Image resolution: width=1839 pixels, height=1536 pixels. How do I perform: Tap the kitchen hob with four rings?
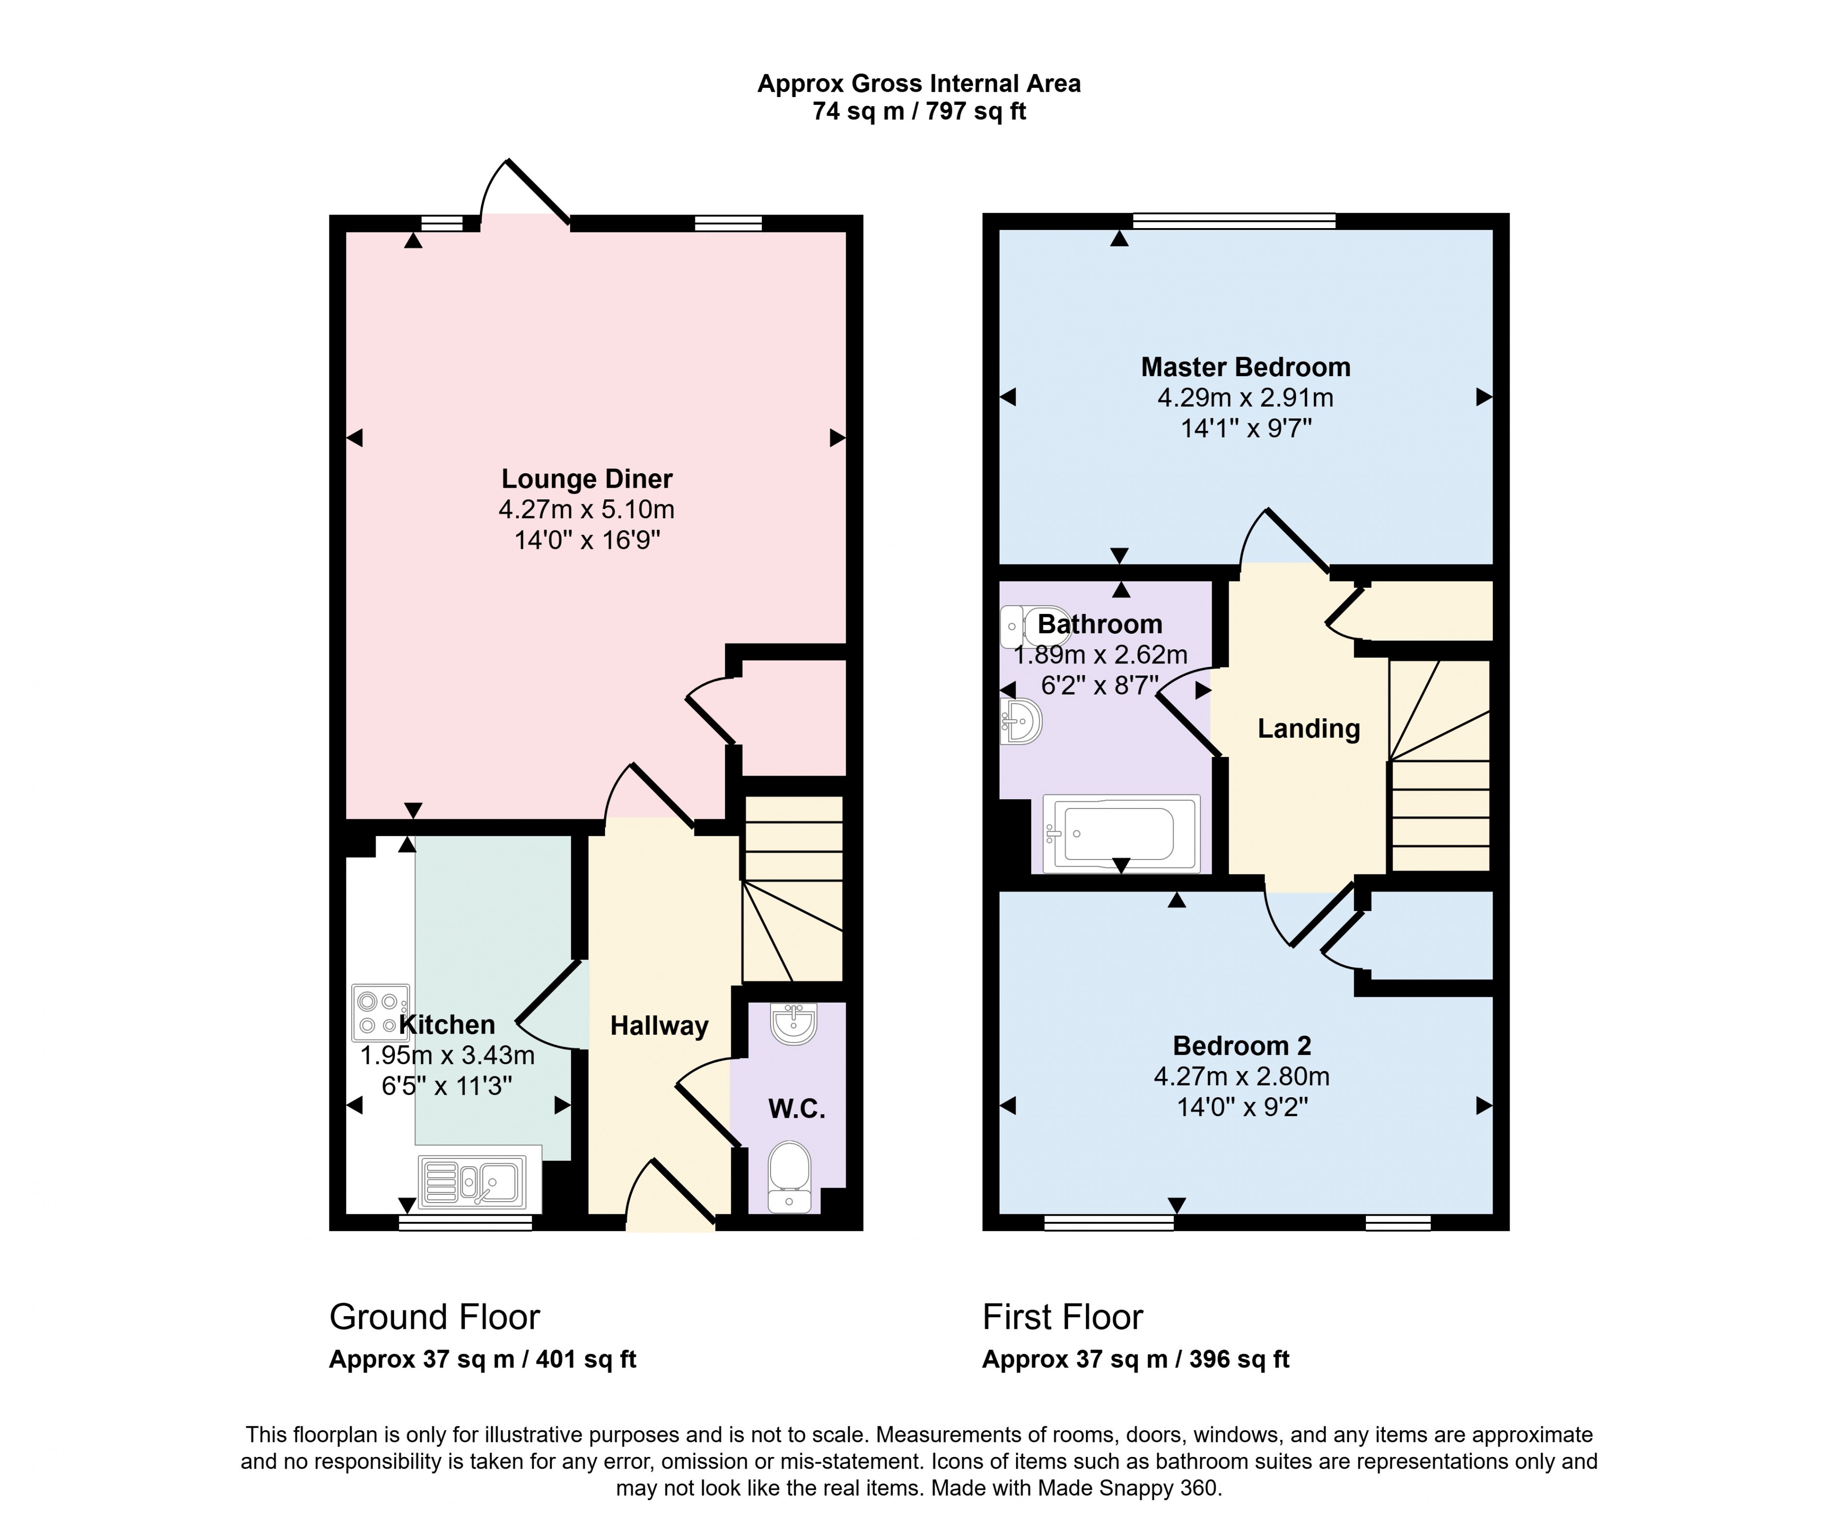380,1012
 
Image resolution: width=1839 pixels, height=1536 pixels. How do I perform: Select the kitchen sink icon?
473,1180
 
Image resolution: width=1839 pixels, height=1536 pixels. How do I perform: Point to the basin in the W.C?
793,1023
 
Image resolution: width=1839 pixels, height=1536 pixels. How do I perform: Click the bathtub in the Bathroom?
1121,834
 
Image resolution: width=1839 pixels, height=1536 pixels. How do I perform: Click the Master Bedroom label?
1245,367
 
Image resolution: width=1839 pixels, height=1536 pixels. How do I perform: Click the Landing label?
1308,728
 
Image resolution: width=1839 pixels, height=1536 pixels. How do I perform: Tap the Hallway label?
658,1025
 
